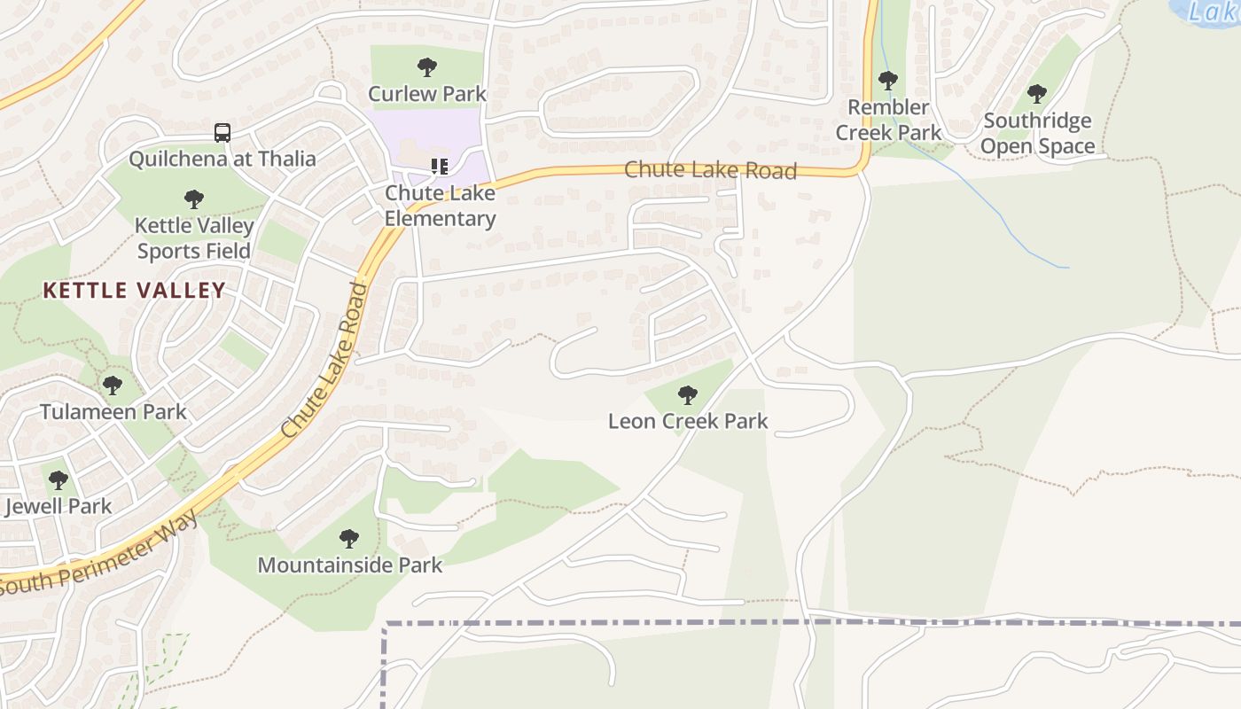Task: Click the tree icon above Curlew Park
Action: pyautogui.click(x=427, y=66)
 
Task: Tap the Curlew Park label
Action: pyautogui.click(x=427, y=93)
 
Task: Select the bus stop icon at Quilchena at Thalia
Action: pyautogui.click(x=222, y=133)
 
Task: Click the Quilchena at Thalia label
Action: pyautogui.click(x=222, y=159)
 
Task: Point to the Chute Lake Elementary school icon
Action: pyautogui.click(x=440, y=166)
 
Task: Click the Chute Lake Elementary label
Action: pyautogui.click(x=440, y=206)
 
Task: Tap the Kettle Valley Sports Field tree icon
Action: pyautogui.click(x=194, y=199)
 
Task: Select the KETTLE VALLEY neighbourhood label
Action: pyautogui.click(x=134, y=290)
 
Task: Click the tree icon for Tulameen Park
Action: pyautogui.click(x=113, y=386)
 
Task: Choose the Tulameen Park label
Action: pyautogui.click(x=113, y=411)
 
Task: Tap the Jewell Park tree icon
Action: pyautogui.click(x=59, y=480)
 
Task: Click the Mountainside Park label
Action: pyautogui.click(x=349, y=565)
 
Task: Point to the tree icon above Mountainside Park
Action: pyautogui.click(x=349, y=538)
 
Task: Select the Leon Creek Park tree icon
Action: pyautogui.click(x=687, y=395)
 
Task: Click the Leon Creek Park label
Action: pyautogui.click(x=688, y=421)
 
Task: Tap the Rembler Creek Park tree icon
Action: pyautogui.click(x=888, y=81)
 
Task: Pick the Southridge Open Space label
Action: pyautogui.click(x=1037, y=133)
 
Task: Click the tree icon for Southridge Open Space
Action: pyautogui.click(x=1036, y=93)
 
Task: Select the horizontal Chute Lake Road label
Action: pyautogui.click(x=711, y=170)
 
